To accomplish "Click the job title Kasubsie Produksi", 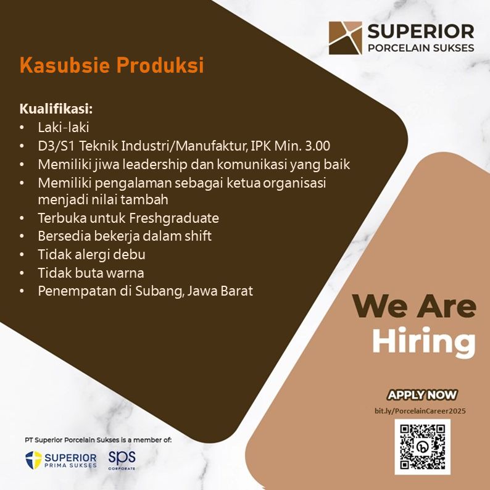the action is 112,65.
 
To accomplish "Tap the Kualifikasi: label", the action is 56,109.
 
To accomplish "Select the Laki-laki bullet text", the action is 64,127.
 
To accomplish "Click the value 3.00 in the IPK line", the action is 317,146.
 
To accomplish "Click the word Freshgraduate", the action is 174,218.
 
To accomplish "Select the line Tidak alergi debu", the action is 91,254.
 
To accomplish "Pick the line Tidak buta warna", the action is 91,273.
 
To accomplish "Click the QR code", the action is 423,447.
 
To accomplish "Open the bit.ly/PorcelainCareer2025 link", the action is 420,410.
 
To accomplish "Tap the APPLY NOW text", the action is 422,395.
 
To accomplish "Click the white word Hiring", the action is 424,341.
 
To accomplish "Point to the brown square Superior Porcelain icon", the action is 346,38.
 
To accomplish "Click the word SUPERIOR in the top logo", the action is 421,31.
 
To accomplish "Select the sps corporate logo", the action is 122,460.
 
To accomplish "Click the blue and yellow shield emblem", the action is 33,460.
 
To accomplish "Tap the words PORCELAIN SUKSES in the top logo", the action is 421,48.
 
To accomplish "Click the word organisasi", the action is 294,183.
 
